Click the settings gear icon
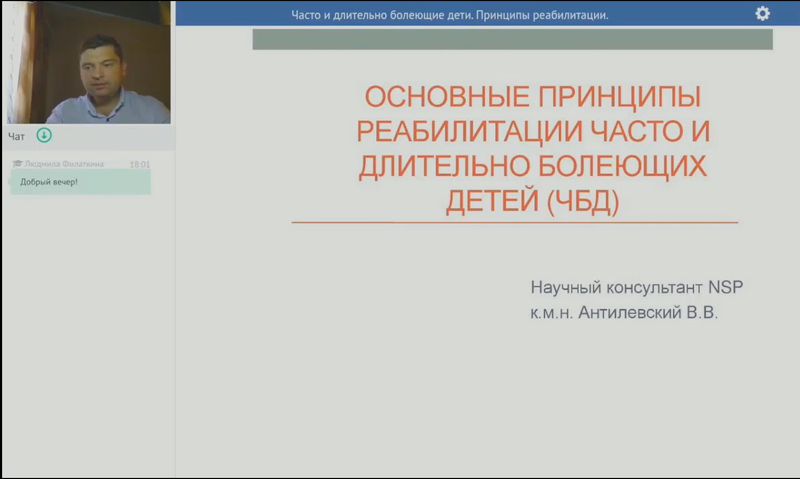(x=762, y=14)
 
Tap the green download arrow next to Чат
(x=44, y=135)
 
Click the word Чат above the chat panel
(x=16, y=137)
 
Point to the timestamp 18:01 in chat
(x=140, y=164)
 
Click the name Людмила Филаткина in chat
(x=64, y=164)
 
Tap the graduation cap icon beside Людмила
(x=17, y=164)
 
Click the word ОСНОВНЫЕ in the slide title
(x=447, y=97)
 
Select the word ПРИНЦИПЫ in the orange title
(x=619, y=97)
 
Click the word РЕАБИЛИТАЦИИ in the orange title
(x=469, y=132)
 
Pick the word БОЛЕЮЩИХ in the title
(x=622, y=166)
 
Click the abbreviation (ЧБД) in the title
(x=583, y=201)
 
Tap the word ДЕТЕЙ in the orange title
(x=492, y=201)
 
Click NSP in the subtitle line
(x=725, y=287)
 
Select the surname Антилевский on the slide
(x=630, y=312)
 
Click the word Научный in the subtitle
(x=566, y=287)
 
